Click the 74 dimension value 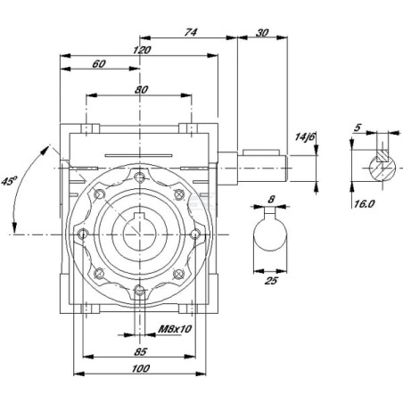click(190, 32)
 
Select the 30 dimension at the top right click(262, 33)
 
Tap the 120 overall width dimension click(142, 50)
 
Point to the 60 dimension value click(99, 64)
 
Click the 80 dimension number click(141, 89)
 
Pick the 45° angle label click(9, 181)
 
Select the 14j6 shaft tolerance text click(304, 136)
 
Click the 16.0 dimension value click(364, 204)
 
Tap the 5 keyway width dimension click(358, 127)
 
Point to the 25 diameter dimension click(271, 280)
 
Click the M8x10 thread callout click(175, 329)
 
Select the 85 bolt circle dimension click(140, 352)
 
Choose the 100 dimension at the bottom click(141, 369)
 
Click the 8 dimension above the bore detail click(271, 200)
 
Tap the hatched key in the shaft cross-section click(382, 155)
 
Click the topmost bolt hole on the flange click(139, 177)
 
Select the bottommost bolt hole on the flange click(139, 291)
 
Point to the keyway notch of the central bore click(139, 217)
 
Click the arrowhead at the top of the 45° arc click(45, 150)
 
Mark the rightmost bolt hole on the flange click(194, 234)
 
